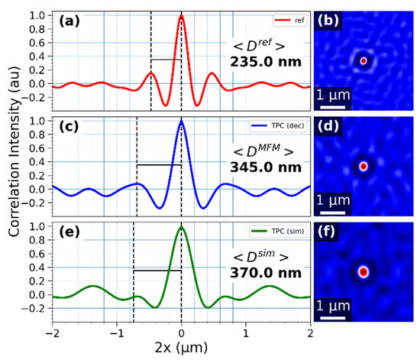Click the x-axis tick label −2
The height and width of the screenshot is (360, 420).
pos(52,334)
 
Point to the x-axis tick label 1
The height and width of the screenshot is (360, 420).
pos(245,334)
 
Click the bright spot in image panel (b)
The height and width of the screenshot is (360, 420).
pos(364,60)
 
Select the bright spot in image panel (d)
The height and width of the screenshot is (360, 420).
pos(364,165)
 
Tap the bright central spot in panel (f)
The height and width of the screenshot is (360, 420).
pos(364,271)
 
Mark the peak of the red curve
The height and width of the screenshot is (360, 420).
pos(181,16)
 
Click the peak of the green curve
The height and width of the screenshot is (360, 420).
pos(181,228)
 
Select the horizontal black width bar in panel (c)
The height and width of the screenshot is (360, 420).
pos(159,164)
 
